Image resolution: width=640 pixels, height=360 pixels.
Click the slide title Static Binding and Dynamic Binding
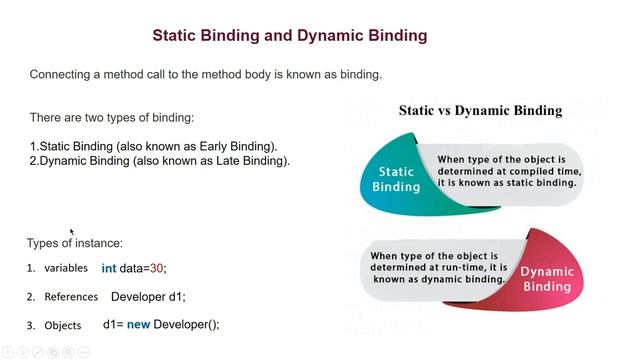coord(289,35)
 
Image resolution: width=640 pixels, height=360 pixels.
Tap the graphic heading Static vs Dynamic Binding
coord(480,110)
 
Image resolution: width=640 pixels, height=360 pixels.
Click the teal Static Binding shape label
coord(396,179)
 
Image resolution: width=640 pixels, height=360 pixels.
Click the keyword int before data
coord(109,268)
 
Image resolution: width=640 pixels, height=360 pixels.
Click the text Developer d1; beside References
coord(148,297)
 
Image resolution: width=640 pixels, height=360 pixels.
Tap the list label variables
coord(66,268)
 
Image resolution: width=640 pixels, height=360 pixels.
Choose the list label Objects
coord(62,325)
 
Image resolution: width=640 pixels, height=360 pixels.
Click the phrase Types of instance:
coord(75,243)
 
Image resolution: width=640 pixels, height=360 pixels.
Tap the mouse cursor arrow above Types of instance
coord(72,232)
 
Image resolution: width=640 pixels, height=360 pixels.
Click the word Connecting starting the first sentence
coord(63,75)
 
